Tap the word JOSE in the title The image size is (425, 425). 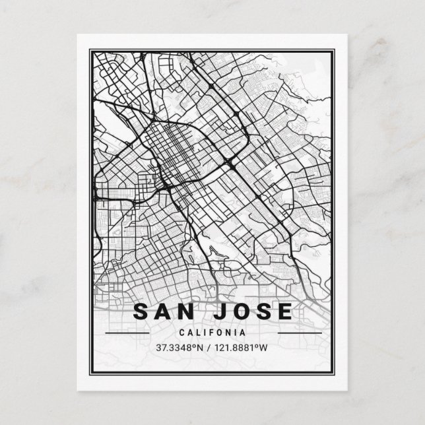(254, 312)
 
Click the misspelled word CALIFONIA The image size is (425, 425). (213, 333)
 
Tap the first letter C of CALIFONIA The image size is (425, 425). (181, 333)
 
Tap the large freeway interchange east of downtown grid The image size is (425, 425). (229, 162)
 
